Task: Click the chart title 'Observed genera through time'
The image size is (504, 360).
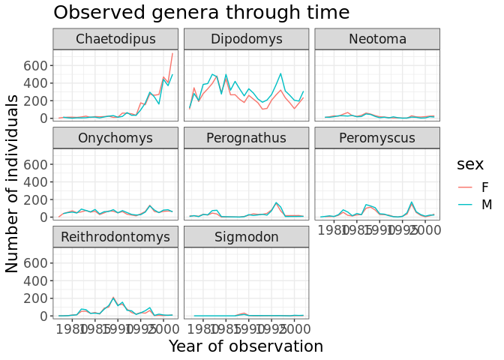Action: [x=201, y=13]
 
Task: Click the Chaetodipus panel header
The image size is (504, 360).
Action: [x=115, y=39]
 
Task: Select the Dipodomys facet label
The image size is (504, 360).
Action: [x=246, y=39]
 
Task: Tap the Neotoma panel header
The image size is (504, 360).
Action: [x=376, y=39]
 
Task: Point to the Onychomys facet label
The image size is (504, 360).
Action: [x=115, y=138]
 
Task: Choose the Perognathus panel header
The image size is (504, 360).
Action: [x=246, y=138]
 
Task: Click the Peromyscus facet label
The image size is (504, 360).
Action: [x=376, y=138]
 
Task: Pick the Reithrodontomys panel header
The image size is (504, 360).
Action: [x=115, y=237]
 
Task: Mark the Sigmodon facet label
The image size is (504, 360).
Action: [x=246, y=237]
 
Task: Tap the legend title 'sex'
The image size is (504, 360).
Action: [x=470, y=163]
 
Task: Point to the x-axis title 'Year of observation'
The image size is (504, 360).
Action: [x=246, y=346]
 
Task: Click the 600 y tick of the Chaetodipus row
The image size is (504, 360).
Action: [x=37, y=65]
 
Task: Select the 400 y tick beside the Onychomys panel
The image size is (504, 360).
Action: [x=37, y=181]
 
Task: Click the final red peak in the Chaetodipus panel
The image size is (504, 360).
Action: [x=172, y=53]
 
